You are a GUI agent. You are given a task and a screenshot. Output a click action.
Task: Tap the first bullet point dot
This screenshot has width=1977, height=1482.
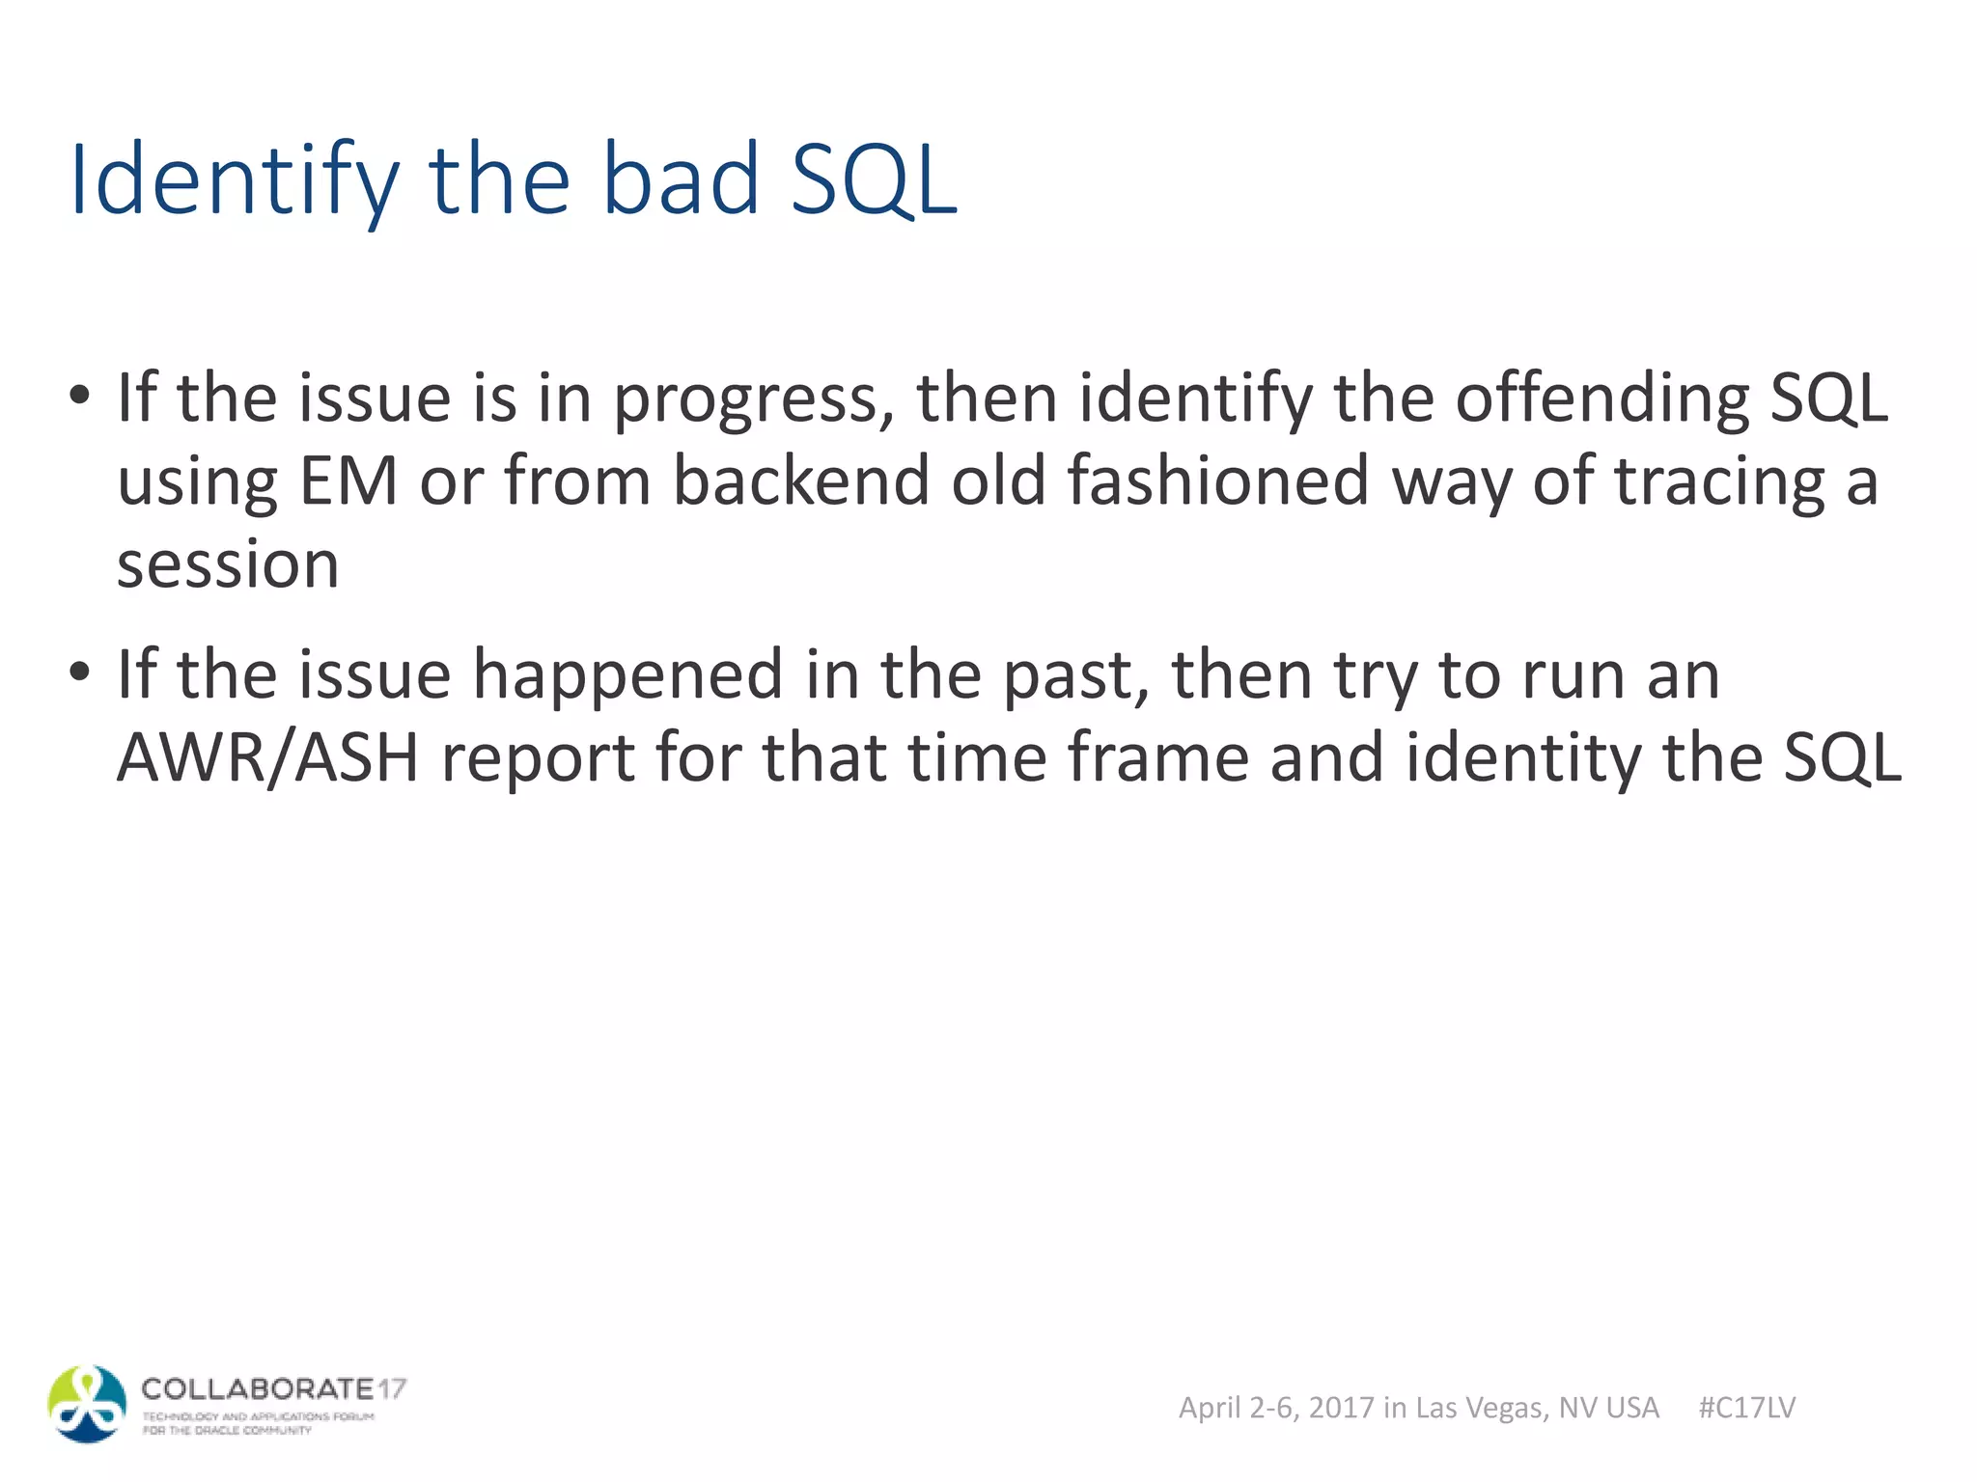click(x=80, y=396)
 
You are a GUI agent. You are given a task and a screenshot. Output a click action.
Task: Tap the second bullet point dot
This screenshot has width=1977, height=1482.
click(x=80, y=672)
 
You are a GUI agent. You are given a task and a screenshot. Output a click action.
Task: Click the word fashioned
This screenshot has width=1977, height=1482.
click(x=1217, y=480)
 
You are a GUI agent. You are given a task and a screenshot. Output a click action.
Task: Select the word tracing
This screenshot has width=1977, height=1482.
click(x=1720, y=482)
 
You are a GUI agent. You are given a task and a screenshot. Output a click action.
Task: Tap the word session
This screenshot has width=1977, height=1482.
click(x=228, y=564)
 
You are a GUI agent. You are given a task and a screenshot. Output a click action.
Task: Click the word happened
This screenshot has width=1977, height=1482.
click(x=627, y=675)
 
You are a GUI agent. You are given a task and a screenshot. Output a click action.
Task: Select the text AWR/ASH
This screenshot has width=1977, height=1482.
click(x=267, y=758)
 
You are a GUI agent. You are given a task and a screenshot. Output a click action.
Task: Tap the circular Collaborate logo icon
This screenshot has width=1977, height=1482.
click(x=87, y=1405)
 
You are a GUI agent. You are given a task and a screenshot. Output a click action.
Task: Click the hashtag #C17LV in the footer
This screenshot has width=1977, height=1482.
click(x=1746, y=1408)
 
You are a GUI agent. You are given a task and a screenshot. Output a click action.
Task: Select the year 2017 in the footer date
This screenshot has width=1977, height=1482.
click(x=1341, y=1408)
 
